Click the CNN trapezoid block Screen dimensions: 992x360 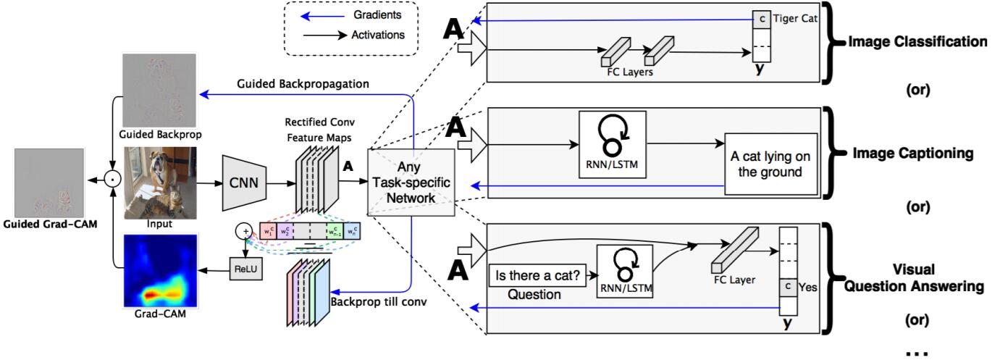tap(244, 183)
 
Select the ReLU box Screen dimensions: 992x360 tap(245, 269)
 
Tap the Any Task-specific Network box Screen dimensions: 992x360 tap(411, 183)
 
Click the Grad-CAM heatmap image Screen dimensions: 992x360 tap(160, 271)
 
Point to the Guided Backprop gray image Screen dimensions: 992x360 tap(159, 91)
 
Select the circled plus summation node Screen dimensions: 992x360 tap(244, 230)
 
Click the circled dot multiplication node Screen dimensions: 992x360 tap(113, 180)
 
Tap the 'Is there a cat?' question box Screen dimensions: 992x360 tap(537, 275)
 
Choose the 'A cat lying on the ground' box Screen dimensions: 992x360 tap(770, 164)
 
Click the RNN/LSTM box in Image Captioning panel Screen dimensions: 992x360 tap(612, 144)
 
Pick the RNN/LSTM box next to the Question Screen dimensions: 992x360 tap(625, 271)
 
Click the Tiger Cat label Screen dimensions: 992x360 tap(795, 19)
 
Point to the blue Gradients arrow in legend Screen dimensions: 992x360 tap(322, 17)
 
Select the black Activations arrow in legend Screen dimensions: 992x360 tap(325, 35)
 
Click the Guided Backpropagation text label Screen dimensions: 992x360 tap(303, 84)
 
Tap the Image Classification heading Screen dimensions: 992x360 tap(917, 41)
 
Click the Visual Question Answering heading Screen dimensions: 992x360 tap(914, 277)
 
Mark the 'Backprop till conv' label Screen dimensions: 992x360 tap(379, 302)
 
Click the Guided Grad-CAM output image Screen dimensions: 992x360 tap(49, 183)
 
